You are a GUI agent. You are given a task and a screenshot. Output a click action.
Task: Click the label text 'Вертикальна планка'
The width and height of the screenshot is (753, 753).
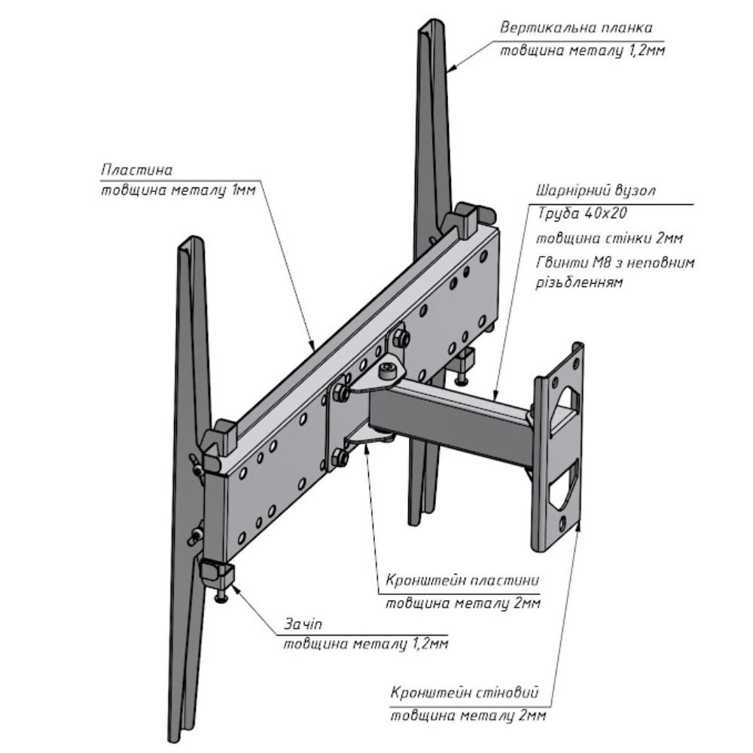[576, 28]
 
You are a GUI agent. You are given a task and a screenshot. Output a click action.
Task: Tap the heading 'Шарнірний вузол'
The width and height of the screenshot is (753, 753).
[595, 191]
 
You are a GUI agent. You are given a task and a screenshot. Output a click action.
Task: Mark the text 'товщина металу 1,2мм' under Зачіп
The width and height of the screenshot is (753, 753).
[366, 644]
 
